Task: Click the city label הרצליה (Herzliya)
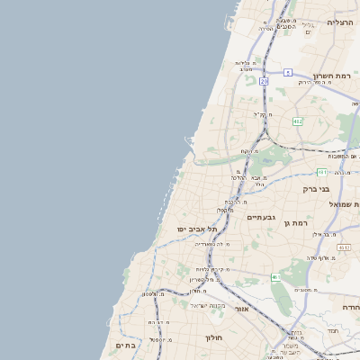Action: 340,22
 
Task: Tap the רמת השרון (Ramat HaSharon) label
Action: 337,76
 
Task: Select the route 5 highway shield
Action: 287,72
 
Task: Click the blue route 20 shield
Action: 264,81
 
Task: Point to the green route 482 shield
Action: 298,120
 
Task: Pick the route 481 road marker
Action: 322,172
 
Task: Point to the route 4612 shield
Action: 344,246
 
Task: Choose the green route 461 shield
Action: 275,279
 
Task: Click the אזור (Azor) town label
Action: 241,309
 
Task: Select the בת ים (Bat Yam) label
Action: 124,345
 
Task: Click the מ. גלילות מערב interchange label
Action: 247,63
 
